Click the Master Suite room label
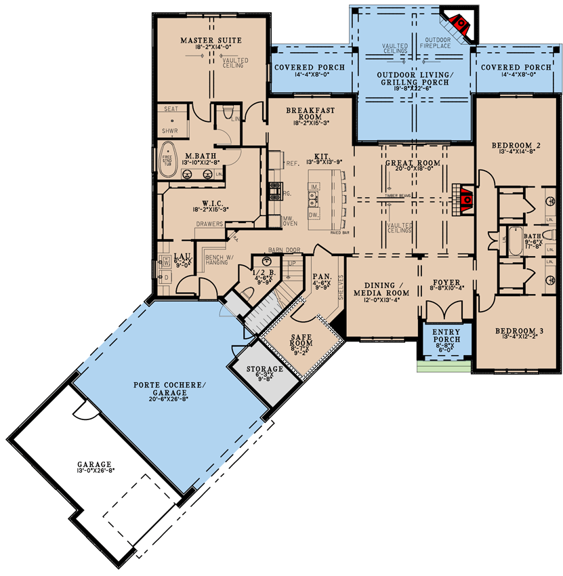pyautogui.click(x=211, y=41)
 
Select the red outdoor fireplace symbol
pyautogui.click(x=461, y=26)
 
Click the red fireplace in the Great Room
pyautogui.click(x=466, y=199)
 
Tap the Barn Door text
pyautogui.click(x=278, y=249)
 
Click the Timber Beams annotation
pyautogui.click(x=398, y=195)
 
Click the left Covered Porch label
pyautogui.click(x=309, y=68)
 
